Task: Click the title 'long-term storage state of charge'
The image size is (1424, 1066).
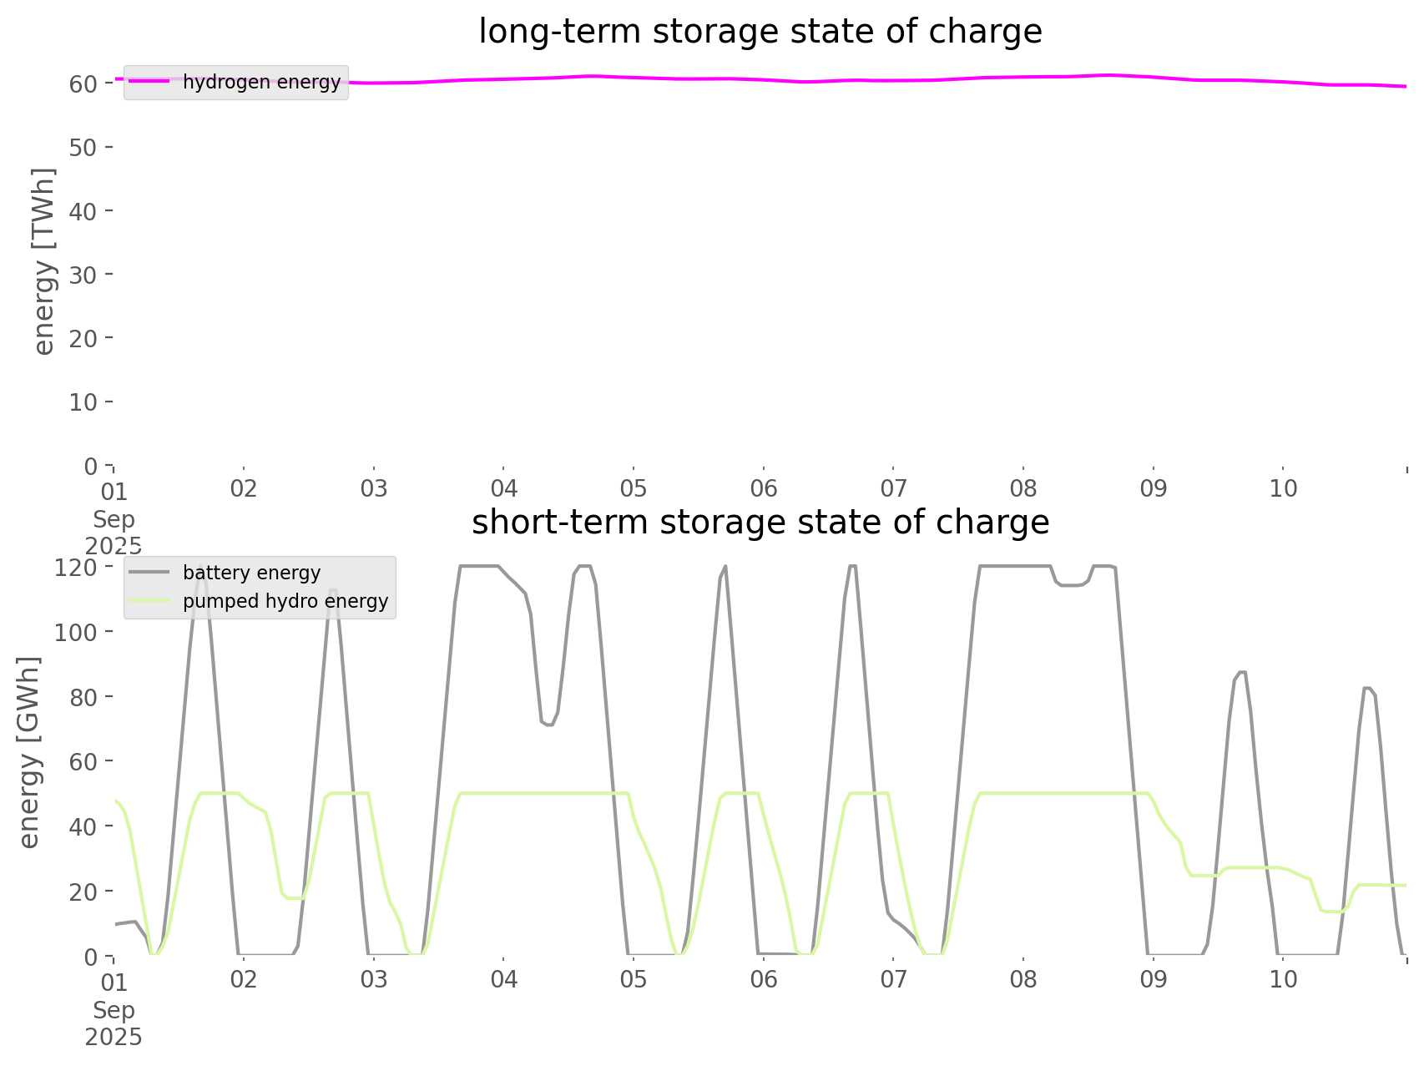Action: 760,32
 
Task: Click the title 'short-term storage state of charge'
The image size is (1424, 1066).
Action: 760,523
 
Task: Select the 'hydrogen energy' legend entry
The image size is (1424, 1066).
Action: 261,82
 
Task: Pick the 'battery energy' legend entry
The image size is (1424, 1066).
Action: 251,573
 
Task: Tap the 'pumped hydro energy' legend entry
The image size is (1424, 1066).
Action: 285,601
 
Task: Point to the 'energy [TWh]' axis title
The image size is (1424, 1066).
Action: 44,261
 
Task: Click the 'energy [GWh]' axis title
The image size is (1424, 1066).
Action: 29,752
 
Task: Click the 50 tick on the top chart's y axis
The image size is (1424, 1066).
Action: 83,148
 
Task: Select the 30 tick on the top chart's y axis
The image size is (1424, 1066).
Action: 83,275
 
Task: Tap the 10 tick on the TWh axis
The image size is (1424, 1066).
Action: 83,402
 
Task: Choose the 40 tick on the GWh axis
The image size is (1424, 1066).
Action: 83,826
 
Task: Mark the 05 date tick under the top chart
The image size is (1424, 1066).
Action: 634,488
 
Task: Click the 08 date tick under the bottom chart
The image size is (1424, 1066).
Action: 1023,979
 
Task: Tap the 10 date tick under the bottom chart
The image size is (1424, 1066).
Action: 1283,979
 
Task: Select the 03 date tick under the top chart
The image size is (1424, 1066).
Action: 374,488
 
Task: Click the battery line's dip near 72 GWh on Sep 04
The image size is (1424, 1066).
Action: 548,724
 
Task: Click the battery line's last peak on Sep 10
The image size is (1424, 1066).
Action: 1367,688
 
